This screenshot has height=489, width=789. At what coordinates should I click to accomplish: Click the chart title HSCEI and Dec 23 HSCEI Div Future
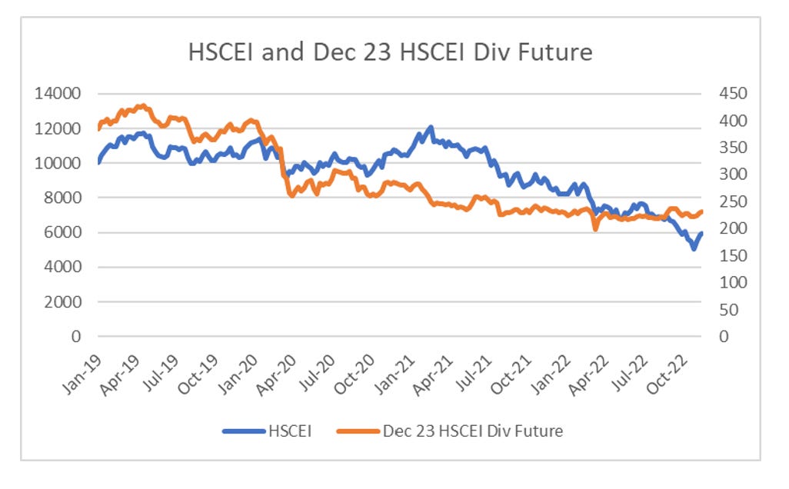(391, 52)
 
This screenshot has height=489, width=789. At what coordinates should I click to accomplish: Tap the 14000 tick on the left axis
(61, 94)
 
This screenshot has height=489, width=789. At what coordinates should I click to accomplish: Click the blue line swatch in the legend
(245, 431)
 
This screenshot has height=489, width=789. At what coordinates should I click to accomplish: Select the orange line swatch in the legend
(357, 431)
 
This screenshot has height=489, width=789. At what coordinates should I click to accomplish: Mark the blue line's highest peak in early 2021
(431, 128)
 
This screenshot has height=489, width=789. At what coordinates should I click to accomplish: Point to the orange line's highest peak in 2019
(141, 106)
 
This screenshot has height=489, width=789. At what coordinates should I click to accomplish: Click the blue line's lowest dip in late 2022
(694, 248)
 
